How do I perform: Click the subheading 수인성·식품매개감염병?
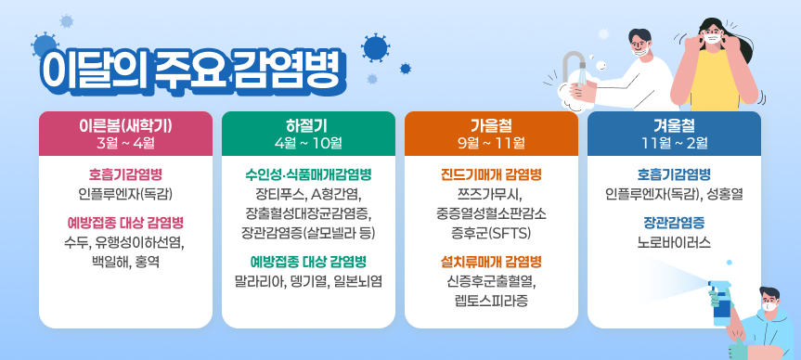pos(308,174)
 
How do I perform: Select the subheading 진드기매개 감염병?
pos(491,174)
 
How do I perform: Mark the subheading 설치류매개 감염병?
pos(491,261)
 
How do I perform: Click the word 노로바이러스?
pos(674,242)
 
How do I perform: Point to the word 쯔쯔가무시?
pos(491,194)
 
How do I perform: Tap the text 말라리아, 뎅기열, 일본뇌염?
pos(308,280)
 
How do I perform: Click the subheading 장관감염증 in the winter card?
pos(674,223)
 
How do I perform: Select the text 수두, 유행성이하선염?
pos(125,242)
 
